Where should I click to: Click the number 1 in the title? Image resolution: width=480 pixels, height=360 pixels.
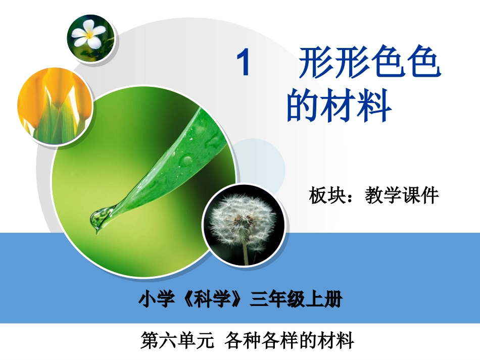point(244,65)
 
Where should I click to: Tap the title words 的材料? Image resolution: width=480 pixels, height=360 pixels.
point(339,106)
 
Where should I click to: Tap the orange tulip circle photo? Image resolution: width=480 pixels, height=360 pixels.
point(55,107)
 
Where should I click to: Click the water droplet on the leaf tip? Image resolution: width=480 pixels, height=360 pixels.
point(99,218)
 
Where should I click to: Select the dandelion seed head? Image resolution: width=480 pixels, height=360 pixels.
point(242,221)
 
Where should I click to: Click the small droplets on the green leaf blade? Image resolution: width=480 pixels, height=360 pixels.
point(187,160)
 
